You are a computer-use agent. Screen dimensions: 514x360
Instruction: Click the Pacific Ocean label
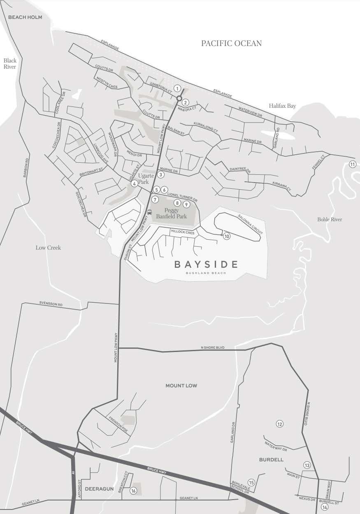(x=231, y=43)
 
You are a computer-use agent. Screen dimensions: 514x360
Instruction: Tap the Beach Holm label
(x=25, y=17)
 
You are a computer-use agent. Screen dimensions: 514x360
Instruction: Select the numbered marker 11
(x=352, y=164)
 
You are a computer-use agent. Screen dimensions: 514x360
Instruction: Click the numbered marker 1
(x=177, y=88)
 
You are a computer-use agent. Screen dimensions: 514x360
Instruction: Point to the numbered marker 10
(x=226, y=236)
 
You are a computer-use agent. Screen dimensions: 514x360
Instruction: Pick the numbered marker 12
(x=280, y=424)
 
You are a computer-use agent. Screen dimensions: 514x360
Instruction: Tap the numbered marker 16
(x=133, y=491)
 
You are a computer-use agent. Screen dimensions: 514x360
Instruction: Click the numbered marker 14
(x=325, y=507)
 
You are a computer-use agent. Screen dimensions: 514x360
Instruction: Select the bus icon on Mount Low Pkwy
(x=149, y=213)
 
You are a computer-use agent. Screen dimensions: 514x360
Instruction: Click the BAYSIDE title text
(x=206, y=264)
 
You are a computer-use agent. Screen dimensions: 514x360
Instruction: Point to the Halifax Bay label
(x=282, y=106)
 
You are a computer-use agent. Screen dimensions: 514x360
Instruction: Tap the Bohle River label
(x=330, y=220)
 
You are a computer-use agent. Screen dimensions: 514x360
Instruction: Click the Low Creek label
(x=48, y=248)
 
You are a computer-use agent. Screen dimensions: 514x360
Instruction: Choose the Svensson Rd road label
(x=51, y=304)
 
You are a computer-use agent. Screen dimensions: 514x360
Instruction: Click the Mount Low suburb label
(x=181, y=386)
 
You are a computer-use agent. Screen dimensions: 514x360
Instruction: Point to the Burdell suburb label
(x=271, y=459)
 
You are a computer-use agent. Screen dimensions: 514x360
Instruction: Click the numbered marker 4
(x=134, y=184)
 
